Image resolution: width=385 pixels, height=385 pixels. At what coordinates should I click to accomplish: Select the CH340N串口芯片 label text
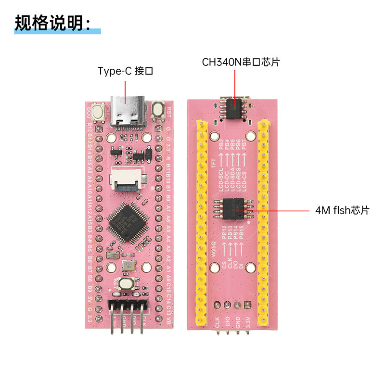click(241, 62)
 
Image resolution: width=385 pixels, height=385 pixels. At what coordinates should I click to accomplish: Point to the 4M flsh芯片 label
click(342, 210)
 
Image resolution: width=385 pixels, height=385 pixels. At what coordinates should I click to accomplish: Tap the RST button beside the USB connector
click(157, 111)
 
